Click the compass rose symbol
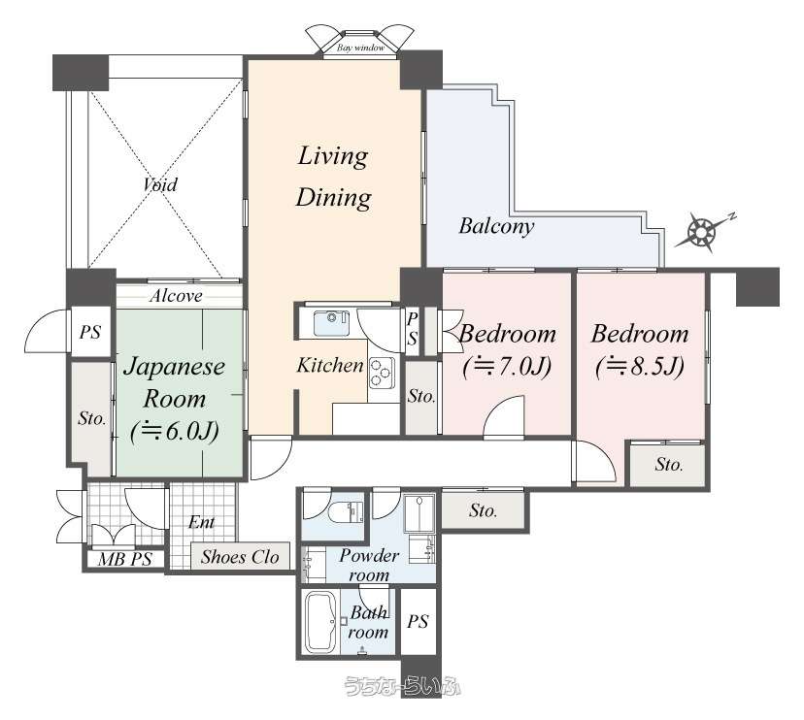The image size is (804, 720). coord(700,232)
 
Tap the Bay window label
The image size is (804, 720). coord(360,48)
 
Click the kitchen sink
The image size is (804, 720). coord(331,323)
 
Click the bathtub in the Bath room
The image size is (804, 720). coord(320,622)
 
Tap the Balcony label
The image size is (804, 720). coord(496,226)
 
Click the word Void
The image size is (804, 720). coord(160,184)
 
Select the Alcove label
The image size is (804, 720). coord(176,296)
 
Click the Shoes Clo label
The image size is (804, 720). coord(240,557)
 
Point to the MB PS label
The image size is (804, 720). coord(124,559)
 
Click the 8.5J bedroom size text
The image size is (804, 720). coord(640,367)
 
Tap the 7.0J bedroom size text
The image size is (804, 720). coord(507,367)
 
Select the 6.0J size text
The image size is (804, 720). coord(175,432)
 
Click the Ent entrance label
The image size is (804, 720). coord(201,522)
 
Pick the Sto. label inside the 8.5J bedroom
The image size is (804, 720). coord(669,464)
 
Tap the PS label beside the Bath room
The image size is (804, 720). coord(418,622)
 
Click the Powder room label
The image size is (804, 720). coord(369,565)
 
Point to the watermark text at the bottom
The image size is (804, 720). coord(402,687)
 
